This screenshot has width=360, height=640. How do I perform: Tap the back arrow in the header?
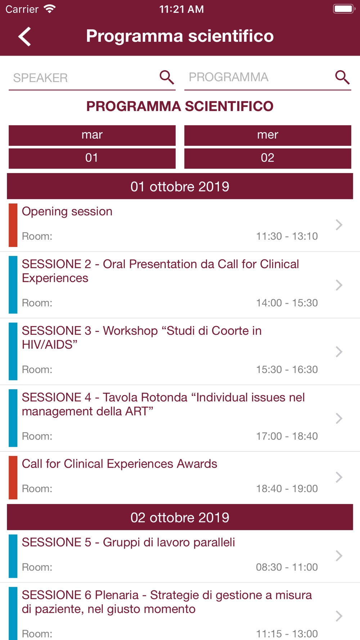[24, 36]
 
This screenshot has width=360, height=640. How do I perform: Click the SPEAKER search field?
[83, 78]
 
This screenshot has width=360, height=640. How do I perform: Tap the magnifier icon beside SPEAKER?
[167, 77]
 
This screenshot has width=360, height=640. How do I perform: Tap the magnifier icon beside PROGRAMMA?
[342, 77]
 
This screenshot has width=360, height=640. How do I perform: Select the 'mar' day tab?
[92, 135]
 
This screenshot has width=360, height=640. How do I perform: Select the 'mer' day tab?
[268, 135]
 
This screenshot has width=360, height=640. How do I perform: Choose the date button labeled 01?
[92, 158]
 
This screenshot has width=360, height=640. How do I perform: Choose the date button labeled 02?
[268, 158]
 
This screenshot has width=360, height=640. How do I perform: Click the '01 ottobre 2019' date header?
[180, 186]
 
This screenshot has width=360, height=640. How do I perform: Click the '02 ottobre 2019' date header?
[180, 517]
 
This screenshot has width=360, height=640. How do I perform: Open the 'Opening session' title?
[67, 212]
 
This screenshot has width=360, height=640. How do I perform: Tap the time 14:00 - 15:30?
[287, 303]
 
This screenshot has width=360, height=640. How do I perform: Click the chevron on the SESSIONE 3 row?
[339, 352]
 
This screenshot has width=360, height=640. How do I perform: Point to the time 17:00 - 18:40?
[287, 436]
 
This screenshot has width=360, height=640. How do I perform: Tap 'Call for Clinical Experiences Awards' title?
[120, 464]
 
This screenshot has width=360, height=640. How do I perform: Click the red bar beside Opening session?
[13, 225]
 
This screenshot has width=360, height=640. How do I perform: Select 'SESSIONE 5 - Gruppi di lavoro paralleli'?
[129, 542]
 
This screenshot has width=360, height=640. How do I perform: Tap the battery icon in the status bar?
[344, 9]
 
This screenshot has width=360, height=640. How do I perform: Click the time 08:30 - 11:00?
[287, 567]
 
